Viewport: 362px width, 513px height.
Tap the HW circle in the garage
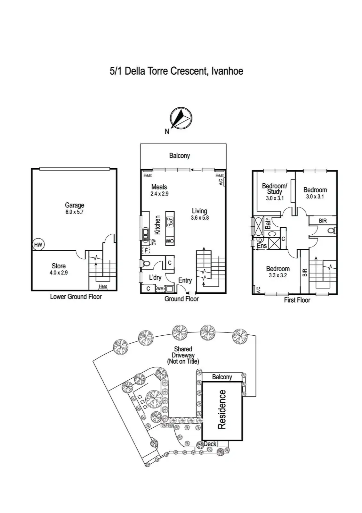(x=38, y=245)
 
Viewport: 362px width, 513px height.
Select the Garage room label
(x=75, y=205)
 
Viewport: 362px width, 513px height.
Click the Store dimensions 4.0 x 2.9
(x=59, y=273)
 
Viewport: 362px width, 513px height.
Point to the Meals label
(x=159, y=187)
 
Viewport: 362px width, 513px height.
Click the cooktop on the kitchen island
(x=170, y=220)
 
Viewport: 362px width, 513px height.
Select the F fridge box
(x=146, y=250)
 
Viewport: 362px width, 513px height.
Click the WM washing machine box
(x=160, y=289)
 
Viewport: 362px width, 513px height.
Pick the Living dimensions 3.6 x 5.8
(x=199, y=218)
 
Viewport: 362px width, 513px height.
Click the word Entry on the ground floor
(x=185, y=280)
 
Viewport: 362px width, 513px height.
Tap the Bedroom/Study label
(x=275, y=189)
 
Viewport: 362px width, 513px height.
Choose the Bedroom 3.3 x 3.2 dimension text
(x=278, y=275)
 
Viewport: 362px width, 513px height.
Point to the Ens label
(x=262, y=246)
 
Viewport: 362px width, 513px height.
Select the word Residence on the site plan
(x=222, y=409)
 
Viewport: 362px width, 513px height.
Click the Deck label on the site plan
(x=210, y=444)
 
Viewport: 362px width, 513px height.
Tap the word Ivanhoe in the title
(x=228, y=71)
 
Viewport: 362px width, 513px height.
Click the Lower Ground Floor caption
(x=76, y=297)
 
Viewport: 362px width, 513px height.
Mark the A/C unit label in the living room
(x=221, y=182)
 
